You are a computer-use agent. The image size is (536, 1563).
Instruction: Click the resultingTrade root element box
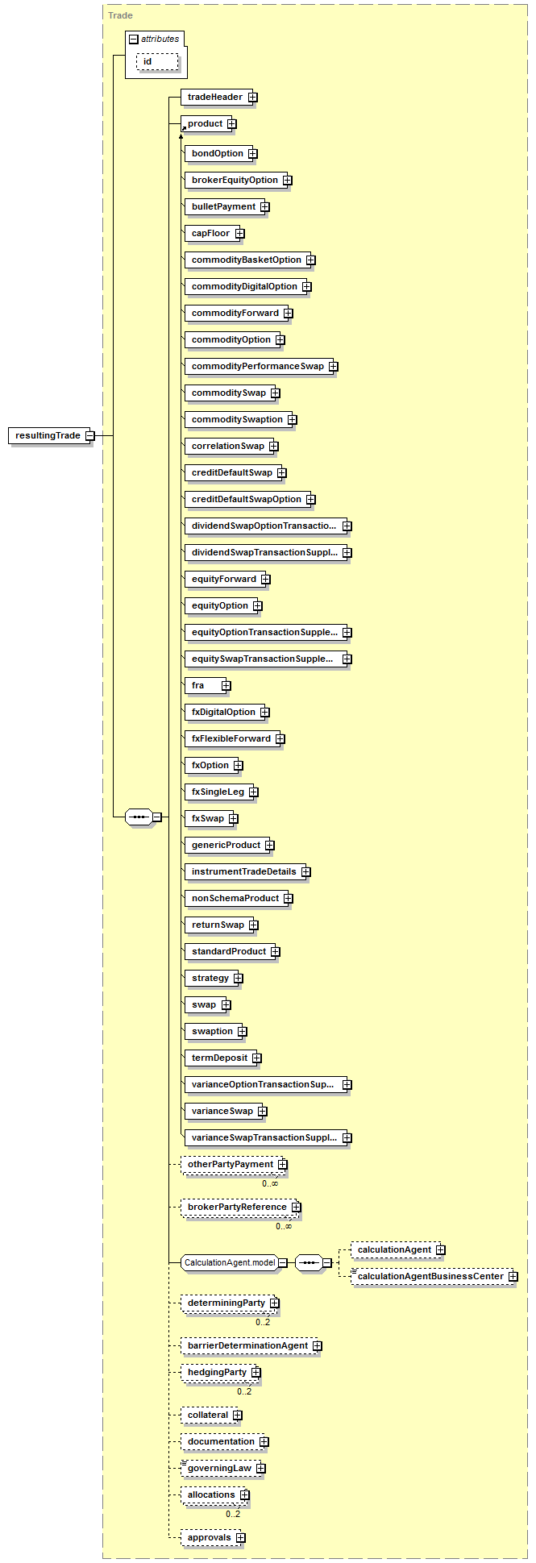tap(48, 435)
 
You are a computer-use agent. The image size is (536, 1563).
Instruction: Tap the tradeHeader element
tap(214, 97)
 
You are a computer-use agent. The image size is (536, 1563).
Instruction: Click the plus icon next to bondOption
tap(253, 153)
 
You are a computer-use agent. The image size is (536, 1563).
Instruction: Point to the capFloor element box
tap(210, 233)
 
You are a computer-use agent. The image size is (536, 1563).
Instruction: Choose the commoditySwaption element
tap(237, 419)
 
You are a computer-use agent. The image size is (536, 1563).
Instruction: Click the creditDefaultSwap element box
tap(231, 472)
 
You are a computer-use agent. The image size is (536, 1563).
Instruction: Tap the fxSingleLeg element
tap(218, 792)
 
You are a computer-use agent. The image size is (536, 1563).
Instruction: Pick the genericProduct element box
tap(226, 845)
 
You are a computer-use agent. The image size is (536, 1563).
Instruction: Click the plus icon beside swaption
tap(243, 1031)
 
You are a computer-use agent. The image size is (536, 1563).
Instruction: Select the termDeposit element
tap(219, 1058)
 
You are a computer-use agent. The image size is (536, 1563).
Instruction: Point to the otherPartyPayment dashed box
tap(231, 1164)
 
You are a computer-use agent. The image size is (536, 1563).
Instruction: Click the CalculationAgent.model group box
tap(230, 1262)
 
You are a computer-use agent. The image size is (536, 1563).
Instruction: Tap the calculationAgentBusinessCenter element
tap(430, 1276)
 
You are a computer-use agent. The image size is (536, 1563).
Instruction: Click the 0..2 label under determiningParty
tap(263, 1321)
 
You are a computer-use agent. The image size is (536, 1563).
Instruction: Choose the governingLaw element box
tap(219, 1468)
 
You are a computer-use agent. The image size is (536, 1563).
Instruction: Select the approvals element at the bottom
tap(209, 1537)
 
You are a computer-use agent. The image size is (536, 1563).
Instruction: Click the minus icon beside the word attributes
tap(134, 39)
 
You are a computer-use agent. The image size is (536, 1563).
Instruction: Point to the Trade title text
tap(121, 15)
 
